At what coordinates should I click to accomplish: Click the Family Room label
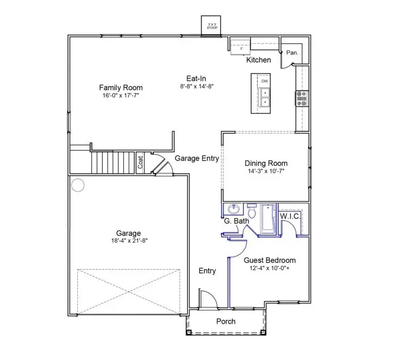tap(120, 87)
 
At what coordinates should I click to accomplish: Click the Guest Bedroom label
tap(270, 261)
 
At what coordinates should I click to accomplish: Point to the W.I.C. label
tap(291, 216)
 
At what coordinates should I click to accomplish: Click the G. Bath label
tap(236, 221)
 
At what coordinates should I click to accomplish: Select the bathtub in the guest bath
tap(267, 219)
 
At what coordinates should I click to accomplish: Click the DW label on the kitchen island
tap(264, 81)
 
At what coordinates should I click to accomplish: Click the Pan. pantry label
tap(292, 53)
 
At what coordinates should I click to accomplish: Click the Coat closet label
tap(141, 162)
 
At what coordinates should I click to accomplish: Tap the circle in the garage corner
tap(78, 184)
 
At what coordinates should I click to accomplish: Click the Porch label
tap(226, 321)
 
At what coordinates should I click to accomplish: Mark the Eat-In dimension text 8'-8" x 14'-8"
tap(196, 87)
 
